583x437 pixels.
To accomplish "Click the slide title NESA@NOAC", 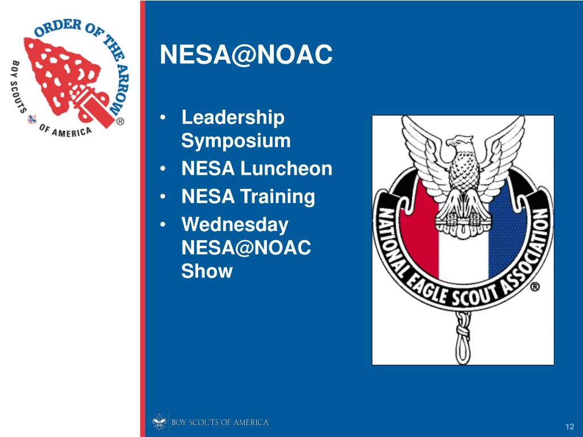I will (x=245, y=55).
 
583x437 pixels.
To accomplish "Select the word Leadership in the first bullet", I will (x=233, y=118).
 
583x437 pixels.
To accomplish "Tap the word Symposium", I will (x=236, y=141).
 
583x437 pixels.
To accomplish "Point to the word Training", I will (x=277, y=197).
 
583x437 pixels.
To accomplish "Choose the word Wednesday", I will (x=235, y=225).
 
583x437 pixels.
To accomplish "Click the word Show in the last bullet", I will (x=207, y=271).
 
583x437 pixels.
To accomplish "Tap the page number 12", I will (x=569, y=427).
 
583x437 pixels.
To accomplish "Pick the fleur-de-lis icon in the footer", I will (x=159, y=422).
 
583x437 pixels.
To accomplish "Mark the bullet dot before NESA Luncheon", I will (x=163, y=170).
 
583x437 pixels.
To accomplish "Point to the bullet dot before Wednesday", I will (x=163, y=225).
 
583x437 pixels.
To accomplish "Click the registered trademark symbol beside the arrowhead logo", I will (x=121, y=121).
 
